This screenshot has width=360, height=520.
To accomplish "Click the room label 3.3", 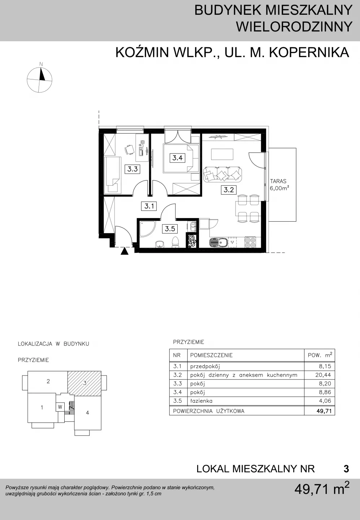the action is (133, 169).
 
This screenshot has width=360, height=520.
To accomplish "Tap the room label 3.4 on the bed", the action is (177, 158).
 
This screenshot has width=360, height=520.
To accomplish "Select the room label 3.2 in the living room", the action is (229, 190).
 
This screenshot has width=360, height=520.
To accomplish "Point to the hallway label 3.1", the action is (149, 206).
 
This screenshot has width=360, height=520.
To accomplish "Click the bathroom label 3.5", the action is (170, 229).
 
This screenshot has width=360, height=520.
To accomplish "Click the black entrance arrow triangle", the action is (125, 251).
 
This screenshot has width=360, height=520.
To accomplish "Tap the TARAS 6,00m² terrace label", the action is (279, 185).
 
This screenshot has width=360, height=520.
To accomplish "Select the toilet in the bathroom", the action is (175, 242).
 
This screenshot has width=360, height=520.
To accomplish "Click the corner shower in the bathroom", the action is (146, 229).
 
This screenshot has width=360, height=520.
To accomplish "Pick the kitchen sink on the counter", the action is (218, 243).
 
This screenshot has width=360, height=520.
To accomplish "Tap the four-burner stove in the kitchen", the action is (250, 242).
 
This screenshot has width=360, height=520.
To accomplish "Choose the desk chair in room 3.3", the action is (129, 150).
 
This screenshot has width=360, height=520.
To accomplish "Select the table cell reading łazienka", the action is (201, 401).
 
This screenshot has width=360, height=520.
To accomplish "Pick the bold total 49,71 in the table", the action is (324, 411).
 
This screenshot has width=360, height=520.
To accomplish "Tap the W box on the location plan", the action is (60, 407).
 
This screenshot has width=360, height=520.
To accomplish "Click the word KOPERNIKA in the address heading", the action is (309, 52).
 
